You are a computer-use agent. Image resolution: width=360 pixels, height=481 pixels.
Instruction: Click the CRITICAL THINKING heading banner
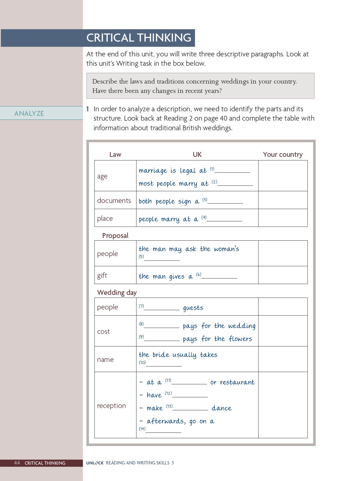(139, 38)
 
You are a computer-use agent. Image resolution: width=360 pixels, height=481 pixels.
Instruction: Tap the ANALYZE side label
(29, 113)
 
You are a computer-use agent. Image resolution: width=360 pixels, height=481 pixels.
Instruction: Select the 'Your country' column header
(282, 154)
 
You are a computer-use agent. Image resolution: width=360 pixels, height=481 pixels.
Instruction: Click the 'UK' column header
(197, 154)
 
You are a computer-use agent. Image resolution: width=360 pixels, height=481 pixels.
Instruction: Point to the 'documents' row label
(114, 201)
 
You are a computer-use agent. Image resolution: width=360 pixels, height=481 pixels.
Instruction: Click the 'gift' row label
(102, 275)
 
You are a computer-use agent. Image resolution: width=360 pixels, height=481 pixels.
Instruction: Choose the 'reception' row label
(111, 406)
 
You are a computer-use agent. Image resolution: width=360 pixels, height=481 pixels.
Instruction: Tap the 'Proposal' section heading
(115, 236)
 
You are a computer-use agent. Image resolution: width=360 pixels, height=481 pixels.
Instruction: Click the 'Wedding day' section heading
(117, 293)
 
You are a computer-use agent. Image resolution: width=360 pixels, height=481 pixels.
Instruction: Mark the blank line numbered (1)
(232, 171)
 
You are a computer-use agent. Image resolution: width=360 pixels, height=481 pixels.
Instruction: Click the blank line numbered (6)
(219, 277)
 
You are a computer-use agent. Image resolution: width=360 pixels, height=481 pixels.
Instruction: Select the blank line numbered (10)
(164, 365)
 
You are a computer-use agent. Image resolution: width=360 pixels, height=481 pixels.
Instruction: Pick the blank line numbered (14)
(163, 431)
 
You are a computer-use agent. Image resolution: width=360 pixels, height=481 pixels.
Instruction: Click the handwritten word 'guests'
(193, 308)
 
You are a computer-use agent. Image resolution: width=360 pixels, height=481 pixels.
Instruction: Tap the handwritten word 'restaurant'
(237, 382)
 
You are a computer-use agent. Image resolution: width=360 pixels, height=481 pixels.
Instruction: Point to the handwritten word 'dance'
(221, 408)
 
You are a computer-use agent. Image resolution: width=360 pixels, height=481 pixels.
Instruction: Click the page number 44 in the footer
(17, 463)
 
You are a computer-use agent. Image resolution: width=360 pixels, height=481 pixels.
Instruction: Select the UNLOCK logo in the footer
(95, 463)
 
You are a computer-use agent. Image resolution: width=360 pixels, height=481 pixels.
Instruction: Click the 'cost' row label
(104, 331)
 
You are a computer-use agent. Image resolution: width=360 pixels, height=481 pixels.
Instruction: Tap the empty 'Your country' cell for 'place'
(283, 218)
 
